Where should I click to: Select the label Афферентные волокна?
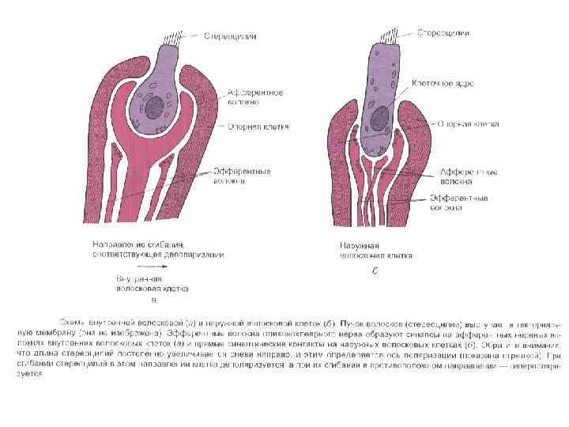tap(458, 176)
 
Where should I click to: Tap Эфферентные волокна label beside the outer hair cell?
tap(458, 204)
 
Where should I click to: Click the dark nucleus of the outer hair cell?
tap(381, 113)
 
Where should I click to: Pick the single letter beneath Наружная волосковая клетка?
tap(374, 270)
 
